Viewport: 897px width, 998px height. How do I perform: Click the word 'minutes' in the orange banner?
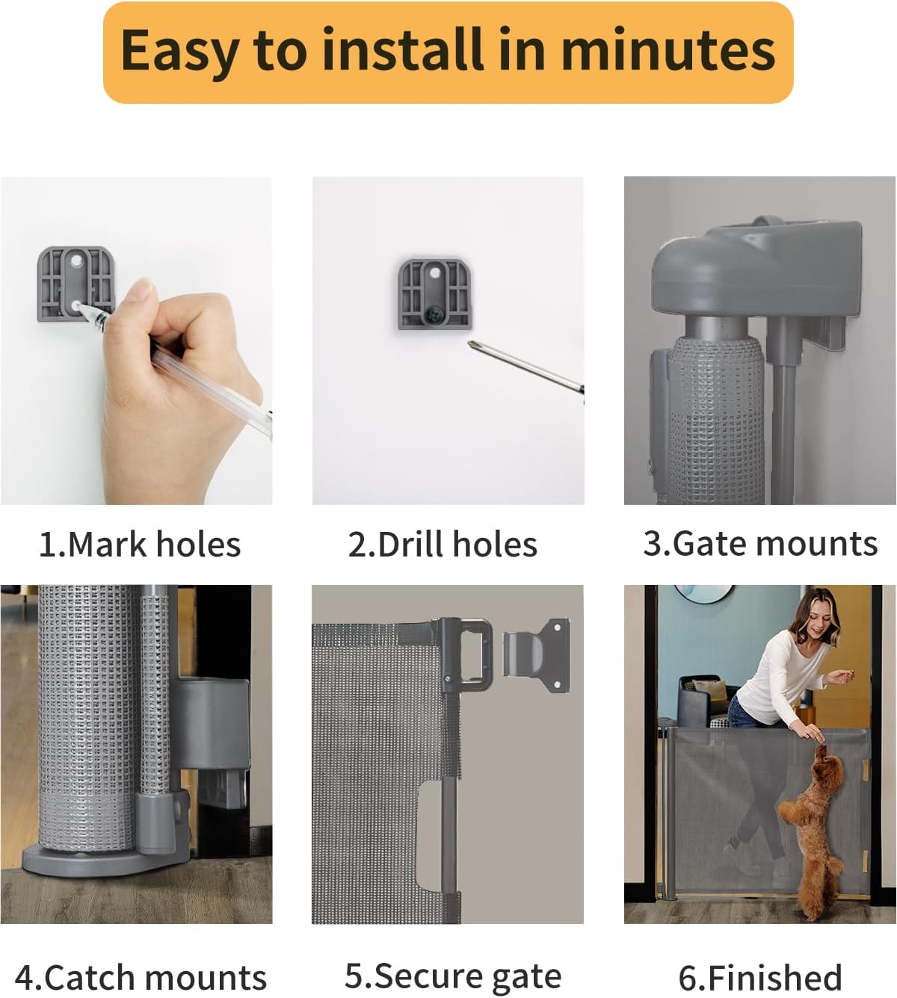pos(668,51)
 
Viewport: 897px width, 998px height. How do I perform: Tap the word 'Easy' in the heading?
pos(179,51)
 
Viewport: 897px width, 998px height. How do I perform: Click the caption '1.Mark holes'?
pos(140,545)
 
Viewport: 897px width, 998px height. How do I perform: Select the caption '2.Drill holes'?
pos(443,545)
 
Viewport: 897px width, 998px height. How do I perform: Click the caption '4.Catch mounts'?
pos(141,978)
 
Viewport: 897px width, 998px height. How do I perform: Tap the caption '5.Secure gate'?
pos(453,976)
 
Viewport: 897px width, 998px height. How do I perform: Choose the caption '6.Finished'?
pos(760,978)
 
